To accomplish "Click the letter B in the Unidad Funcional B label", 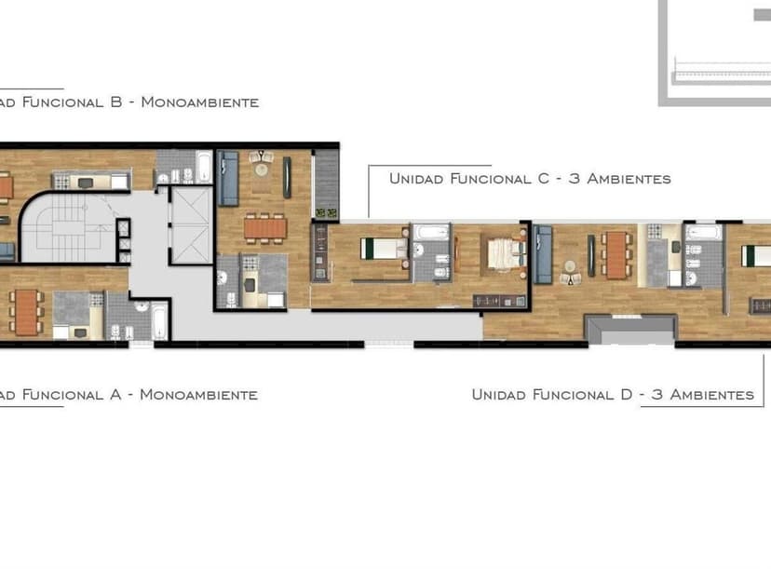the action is tap(116, 102).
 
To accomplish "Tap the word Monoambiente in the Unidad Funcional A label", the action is tap(198, 395).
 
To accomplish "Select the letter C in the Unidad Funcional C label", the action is tap(544, 178).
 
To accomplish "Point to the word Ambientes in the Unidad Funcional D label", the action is tap(712, 395).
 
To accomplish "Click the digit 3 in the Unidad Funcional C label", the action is tap(574, 178).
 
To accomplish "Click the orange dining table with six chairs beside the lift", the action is tap(265, 228).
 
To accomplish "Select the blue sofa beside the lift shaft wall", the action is tap(227, 178).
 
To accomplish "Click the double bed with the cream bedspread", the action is tap(504, 253).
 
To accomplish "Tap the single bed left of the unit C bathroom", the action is tap(384, 249).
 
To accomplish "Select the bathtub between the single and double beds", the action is tap(431, 232).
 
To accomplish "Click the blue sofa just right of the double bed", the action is tap(542, 254).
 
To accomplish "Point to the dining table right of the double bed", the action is tap(615, 254).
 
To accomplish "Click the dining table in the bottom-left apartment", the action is tap(26, 312).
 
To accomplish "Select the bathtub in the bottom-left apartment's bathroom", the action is tap(160, 320).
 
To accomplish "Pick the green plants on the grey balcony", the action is tap(327, 213).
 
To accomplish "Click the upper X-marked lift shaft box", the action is tap(191, 205).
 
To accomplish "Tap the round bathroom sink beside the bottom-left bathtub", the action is tap(142, 306).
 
